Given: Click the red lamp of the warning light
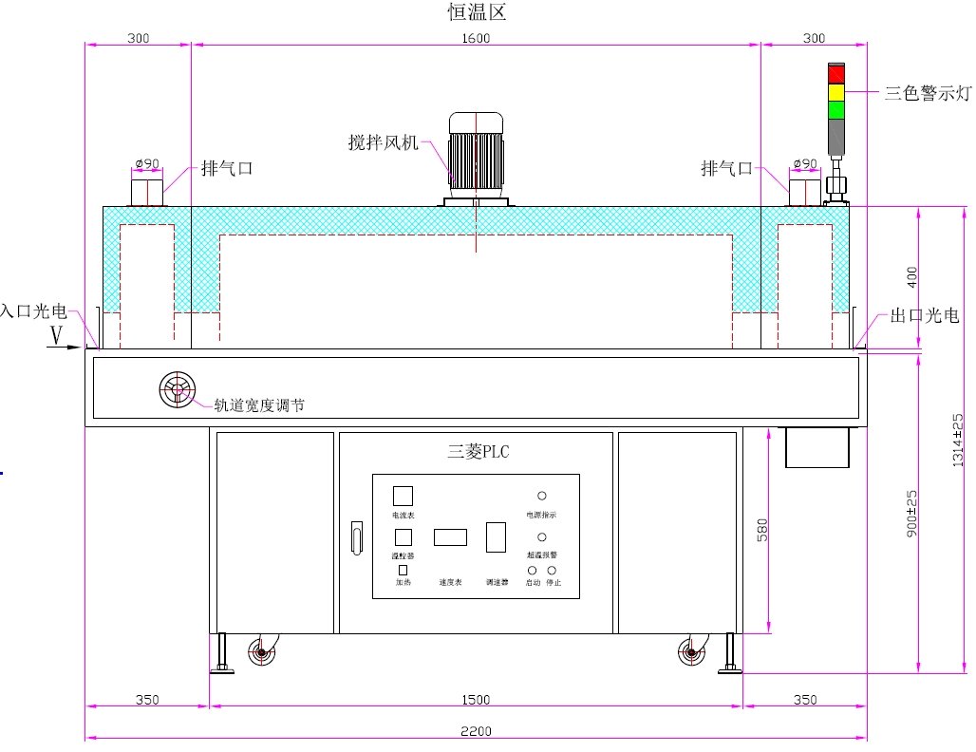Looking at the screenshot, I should pos(836,74).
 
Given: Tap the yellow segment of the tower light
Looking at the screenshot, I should pos(836,92).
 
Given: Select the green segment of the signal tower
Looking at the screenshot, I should pos(836,110).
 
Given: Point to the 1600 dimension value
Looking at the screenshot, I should pos(476,38).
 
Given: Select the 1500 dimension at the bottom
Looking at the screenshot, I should pos(476,700).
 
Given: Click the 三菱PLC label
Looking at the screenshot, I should pos(479,452).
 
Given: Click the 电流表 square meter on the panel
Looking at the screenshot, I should pos(403,496).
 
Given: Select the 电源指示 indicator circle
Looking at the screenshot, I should pos(542,496).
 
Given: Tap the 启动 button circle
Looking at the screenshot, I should pos(533,570).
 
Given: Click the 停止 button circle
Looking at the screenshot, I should pos(552,570).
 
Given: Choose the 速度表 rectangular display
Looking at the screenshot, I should pos(450,536).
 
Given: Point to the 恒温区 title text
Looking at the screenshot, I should pos(478,12).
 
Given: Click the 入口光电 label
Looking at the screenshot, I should pos(33,310).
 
